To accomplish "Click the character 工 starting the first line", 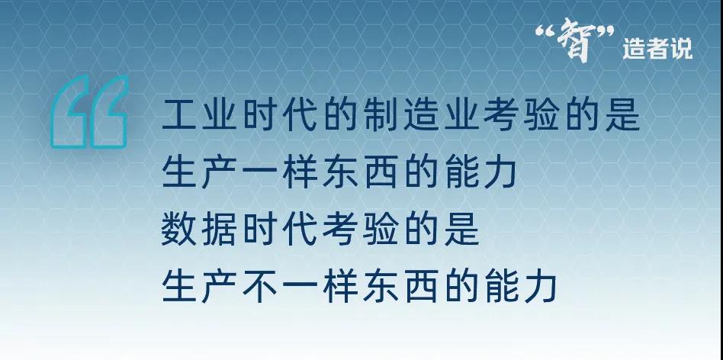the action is tap(180, 114).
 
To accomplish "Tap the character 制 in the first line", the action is tap(381, 114).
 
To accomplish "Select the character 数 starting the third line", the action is tap(180, 229).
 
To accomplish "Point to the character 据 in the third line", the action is tap(220, 229).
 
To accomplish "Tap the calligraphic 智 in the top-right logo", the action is tap(574, 40).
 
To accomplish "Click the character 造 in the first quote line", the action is tap(421, 114).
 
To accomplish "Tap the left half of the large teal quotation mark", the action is tap(69, 112).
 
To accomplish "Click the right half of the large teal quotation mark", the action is tap(109, 112).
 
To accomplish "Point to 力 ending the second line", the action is tap(501, 172).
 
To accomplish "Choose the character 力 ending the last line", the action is tap(541, 286).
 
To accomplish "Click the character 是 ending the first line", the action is tap(622, 114).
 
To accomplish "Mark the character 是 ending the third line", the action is tap(461, 229).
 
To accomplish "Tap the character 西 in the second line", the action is tap(381, 172).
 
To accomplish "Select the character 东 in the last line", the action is tap(381, 286).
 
